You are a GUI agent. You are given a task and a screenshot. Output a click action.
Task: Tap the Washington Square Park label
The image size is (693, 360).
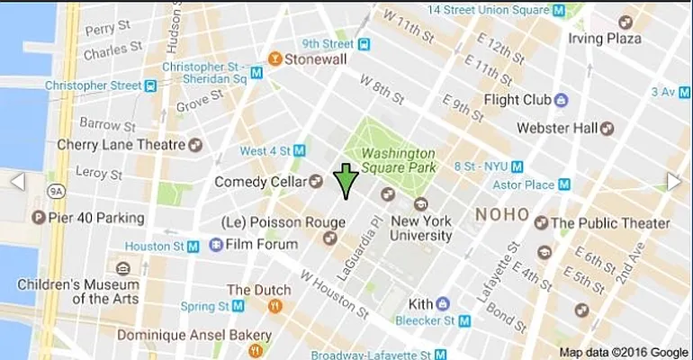pyautogui.click(x=399, y=160)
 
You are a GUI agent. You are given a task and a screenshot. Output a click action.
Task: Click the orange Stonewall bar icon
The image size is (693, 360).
pyautogui.click(x=274, y=60)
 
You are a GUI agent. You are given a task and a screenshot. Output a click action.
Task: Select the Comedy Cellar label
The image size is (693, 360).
pyautogui.click(x=260, y=182)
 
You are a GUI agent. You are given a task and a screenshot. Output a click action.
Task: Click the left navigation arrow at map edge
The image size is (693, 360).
pyautogui.click(x=17, y=182)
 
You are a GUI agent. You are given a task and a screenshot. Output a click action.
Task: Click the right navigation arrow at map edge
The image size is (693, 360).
pyautogui.click(x=675, y=182)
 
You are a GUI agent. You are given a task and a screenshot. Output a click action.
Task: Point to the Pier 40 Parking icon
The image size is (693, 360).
pyautogui.click(x=38, y=218)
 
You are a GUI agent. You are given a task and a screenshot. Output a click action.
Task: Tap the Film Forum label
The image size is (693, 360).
pyautogui.click(x=262, y=244)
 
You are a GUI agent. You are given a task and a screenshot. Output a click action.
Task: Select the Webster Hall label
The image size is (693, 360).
pyautogui.click(x=556, y=129)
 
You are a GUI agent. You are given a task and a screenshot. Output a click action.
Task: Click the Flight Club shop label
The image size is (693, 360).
pyautogui.click(x=517, y=99)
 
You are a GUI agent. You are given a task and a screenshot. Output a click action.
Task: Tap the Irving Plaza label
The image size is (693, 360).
pyautogui.click(x=606, y=39)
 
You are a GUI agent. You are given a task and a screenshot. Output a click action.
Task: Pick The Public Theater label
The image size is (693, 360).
pyautogui.click(x=610, y=223)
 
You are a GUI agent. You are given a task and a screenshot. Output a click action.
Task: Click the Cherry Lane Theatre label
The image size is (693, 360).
pyautogui.click(x=122, y=144)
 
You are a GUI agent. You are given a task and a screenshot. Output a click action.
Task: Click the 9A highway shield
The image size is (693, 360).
pyautogui.click(x=56, y=191)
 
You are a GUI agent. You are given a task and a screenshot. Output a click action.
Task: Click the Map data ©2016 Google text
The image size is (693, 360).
pyautogui.click(x=624, y=352)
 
